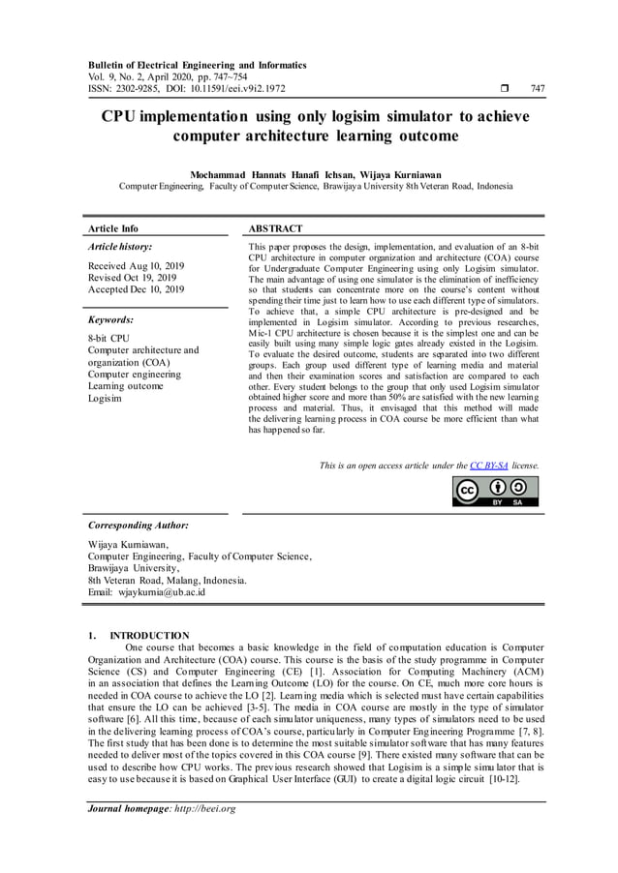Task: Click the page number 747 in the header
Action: [x=539, y=89]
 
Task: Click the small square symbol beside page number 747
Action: [x=507, y=89]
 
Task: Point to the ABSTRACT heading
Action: [x=276, y=229]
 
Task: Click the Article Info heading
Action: [x=113, y=229]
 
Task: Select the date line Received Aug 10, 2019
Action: [x=136, y=265]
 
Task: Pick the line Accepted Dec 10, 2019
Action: [x=136, y=288]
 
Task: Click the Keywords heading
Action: [x=110, y=318]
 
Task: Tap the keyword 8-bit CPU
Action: [x=108, y=339]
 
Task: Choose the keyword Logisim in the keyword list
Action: [x=105, y=398]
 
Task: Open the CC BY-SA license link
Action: [x=489, y=466]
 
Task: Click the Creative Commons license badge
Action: [x=496, y=492]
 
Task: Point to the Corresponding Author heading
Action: [x=139, y=526]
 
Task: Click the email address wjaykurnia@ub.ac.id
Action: [x=160, y=592]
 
